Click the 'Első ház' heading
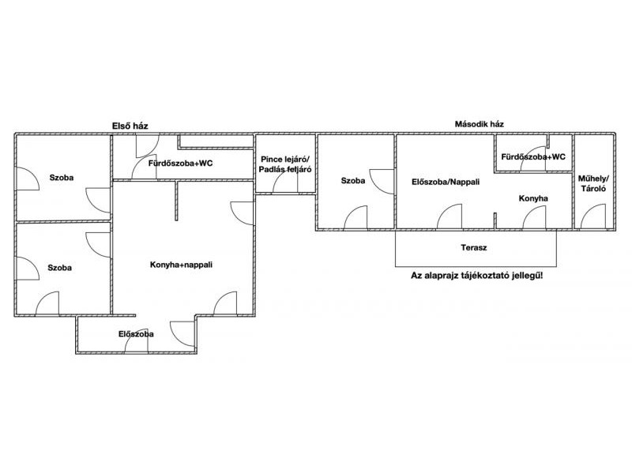tap(130, 126)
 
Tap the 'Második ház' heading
tap(480, 124)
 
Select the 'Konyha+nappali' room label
tap(181, 265)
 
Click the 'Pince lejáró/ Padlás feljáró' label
tap(285, 164)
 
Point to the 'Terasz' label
tap(473, 247)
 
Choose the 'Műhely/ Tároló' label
tap(593, 183)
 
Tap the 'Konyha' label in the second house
tap(532, 198)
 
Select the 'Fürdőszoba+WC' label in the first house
tap(180, 164)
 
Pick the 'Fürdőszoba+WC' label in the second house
tap(533, 156)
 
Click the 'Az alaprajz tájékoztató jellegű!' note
tap(476, 276)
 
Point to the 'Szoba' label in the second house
tap(353, 181)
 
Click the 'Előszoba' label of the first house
tap(136, 334)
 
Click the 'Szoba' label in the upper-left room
tap(62, 177)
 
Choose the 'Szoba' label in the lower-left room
tap(60, 268)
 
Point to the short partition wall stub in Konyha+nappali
tap(176, 201)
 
